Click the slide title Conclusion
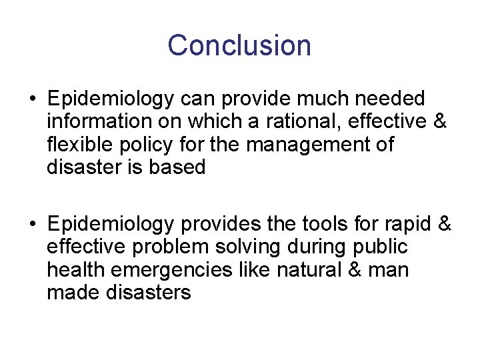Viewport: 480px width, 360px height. tap(239, 45)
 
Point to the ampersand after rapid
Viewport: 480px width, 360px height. tap(445, 223)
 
